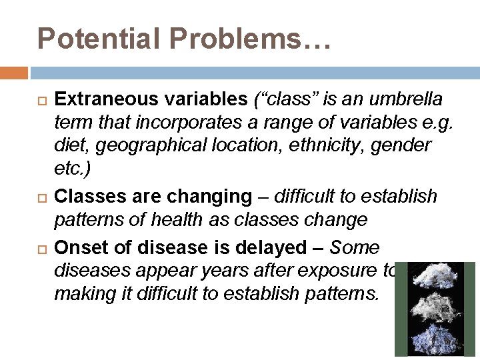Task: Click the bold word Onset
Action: click(x=79, y=247)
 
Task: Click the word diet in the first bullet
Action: click(x=68, y=144)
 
